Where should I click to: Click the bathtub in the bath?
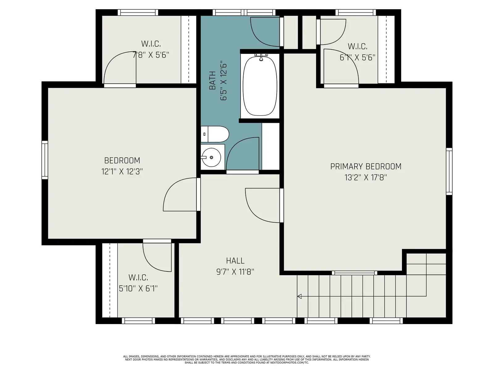coord(260,86)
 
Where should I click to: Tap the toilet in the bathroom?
coord(215,134)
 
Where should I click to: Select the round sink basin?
coord(211,157)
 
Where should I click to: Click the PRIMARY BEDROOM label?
coord(366,166)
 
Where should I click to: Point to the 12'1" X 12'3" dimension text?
coord(122,172)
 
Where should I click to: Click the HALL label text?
coord(235,261)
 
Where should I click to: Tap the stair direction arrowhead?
coord(299,296)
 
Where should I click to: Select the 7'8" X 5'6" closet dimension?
coord(151,55)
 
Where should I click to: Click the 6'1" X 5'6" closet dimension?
coord(358,58)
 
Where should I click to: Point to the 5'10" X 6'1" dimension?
coord(138,288)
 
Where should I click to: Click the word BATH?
coord(212,80)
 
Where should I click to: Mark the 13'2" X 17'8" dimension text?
coord(366,177)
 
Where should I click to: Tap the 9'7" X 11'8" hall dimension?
coord(235,272)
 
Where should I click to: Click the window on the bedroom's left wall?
coord(45,160)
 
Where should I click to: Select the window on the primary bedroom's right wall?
coord(449,171)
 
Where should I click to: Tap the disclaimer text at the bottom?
coord(247,360)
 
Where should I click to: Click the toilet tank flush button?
coord(204,134)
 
